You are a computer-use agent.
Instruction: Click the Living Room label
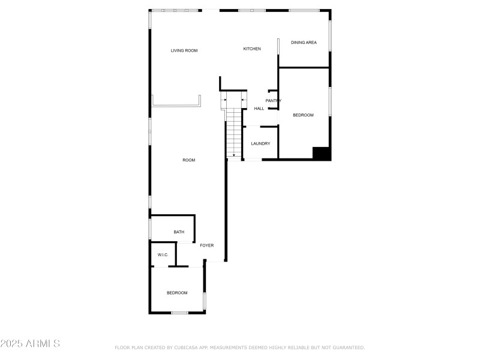click(x=184, y=50)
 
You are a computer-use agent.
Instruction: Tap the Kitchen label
click(x=252, y=49)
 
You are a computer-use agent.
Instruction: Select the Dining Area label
click(x=304, y=43)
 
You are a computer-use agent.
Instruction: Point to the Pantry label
click(x=274, y=101)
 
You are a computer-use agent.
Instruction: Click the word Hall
click(x=259, y=109)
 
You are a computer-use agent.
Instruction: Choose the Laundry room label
click(x=260, y=143)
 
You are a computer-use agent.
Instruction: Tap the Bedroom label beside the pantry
click(x=303, y=115)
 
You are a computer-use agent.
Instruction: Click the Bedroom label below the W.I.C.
click(x=177, y=293)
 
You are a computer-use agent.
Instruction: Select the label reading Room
click(x=189, y=160)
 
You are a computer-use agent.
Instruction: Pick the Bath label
click(x=179, y=232)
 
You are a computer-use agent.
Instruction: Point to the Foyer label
click(x=207, y=245)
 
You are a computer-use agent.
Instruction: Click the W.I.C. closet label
click(x=163, y=255)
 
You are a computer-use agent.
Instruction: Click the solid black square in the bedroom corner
click(x=322, y=154)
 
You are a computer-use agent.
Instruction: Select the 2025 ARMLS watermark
click(x=30, y=344)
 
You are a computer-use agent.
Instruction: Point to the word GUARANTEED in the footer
click(x=346, y=347)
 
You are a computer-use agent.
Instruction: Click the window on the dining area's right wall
click(x=329, y=36)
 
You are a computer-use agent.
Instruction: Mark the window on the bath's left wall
click(x=150, y=229)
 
